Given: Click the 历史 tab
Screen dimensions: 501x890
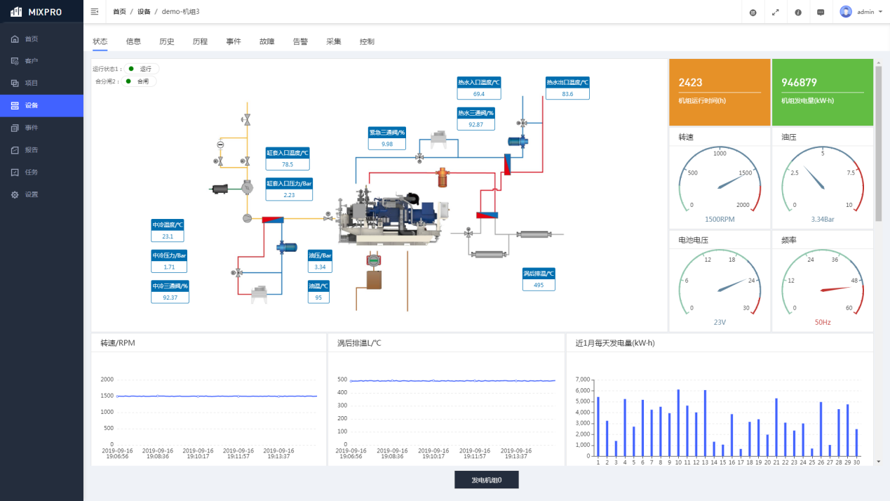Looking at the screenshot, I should click(166, 41).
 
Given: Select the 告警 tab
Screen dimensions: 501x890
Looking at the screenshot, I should click(300, 41).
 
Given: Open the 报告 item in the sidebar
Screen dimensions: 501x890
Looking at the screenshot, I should click(32, 150).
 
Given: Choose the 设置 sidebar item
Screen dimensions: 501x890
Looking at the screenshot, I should click(32, 194).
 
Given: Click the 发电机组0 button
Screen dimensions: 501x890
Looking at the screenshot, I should click(486, 480).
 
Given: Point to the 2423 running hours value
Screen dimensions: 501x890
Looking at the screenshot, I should click(691, 83).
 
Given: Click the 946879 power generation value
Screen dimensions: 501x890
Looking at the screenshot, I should click(799, 83).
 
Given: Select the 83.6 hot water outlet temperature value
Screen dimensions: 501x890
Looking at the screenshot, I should click(567, 94).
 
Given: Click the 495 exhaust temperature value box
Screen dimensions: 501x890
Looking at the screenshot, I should click(539, 285).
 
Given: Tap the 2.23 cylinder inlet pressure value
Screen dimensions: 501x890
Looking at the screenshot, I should click(289, 195).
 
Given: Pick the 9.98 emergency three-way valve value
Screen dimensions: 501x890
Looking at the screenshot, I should click(387, 144).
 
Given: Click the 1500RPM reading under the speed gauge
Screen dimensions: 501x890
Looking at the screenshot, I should click(720, 220).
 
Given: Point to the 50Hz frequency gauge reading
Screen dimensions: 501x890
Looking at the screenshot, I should click(823, 323).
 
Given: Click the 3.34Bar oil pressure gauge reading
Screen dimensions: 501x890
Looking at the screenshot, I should click(823, 220).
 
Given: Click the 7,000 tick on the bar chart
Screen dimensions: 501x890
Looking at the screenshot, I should click(582, 380).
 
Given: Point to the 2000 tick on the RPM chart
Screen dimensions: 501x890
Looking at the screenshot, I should click(107, 380).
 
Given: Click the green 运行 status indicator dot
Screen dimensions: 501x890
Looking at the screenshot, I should click(131, 69).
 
